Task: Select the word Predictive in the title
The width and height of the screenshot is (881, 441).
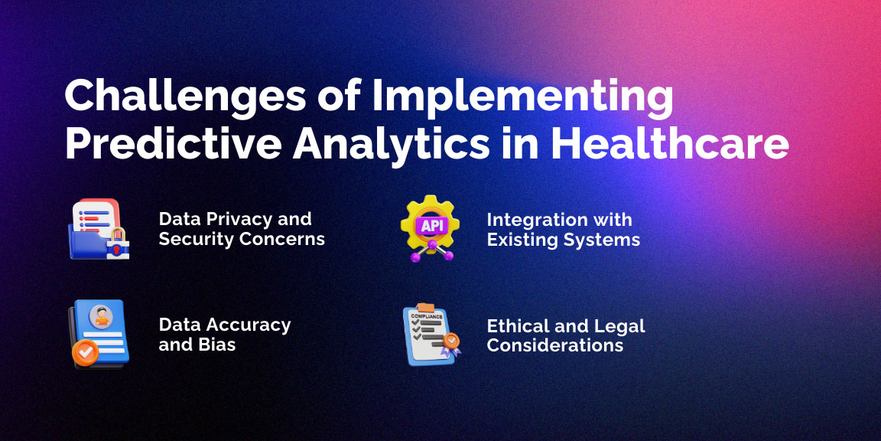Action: click(173, 144)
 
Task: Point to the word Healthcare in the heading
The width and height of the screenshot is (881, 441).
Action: click(669, 143)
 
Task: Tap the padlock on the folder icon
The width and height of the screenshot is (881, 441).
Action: click(118, 243)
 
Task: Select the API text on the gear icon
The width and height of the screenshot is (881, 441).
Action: click(430, 226)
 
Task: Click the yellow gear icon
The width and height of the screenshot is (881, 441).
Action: click(430, 224)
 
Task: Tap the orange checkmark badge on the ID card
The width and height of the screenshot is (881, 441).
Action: click(86, 353)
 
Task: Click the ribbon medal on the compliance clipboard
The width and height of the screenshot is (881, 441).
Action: click(450, 344)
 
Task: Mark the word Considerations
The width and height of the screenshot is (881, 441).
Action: click(555, 345)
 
